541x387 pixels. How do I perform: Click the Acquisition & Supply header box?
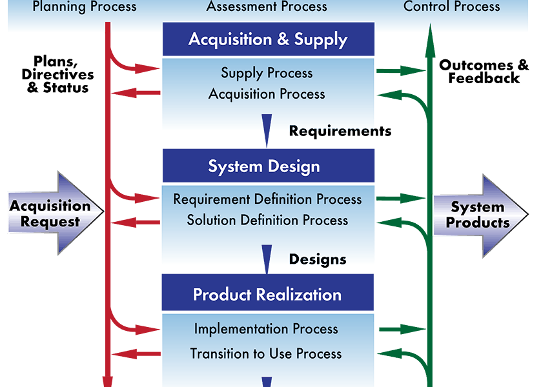tap(269, 39)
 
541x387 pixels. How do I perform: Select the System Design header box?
tap(269, 166)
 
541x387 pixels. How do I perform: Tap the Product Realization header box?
tap(268, 293)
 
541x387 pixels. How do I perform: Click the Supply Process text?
tap(267, 74)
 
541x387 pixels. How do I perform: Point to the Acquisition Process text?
tap(267, 94)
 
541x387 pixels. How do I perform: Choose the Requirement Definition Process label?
tap(267, 199)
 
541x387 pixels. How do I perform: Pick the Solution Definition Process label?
tap(267, 220)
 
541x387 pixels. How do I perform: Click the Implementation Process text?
tap(266, 329)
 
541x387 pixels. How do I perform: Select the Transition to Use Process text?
tap(266, 353)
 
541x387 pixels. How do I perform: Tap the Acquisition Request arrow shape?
tap(56, 213)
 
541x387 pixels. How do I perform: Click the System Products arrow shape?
tap(480, 215)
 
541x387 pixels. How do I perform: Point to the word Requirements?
tap(340, 132)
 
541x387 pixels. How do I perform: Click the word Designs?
tap(318, 259)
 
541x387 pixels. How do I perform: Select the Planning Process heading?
tap(85, 6)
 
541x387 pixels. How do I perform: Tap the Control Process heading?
tap(452, 6)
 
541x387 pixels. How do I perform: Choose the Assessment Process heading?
tap(267, 6)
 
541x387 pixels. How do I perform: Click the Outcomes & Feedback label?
tap(484, 72)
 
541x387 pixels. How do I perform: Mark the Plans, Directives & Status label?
tap(57, 74)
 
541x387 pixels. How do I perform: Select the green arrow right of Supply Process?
tap(401, 71)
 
